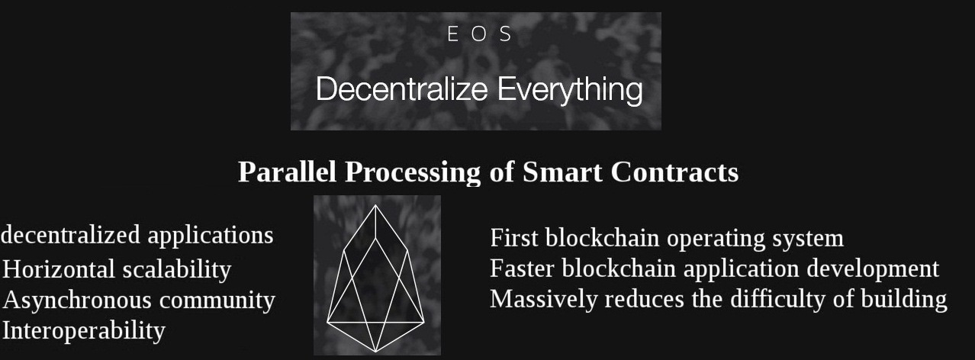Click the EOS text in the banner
[480, 34]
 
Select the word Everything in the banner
[570, 91]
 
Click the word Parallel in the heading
[288, 172]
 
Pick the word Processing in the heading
[413, 173]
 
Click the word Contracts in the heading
[674, 172]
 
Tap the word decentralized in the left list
[70, 235]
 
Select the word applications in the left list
[211, 236]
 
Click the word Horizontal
[59, 269]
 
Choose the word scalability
[177, 270]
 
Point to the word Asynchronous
[78, 301]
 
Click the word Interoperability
[84, 331]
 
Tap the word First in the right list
[514, 238]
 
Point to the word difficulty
[778, 301]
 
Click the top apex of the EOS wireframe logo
[375, 205]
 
